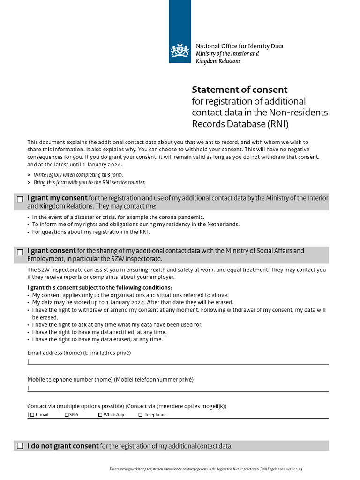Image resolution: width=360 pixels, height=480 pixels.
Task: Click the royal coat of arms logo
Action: (180, 50)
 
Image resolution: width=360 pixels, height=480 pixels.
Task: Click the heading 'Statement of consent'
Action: (240, 90)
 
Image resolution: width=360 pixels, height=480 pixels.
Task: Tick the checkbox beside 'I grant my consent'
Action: (20, 199)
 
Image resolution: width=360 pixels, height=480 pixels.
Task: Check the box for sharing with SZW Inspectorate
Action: (20, 252)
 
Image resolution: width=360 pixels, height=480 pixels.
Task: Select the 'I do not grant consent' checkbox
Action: (20, 446)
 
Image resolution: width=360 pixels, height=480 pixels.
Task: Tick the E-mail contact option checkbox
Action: (32, 415)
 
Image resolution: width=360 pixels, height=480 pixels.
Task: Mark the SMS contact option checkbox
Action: (67, 415)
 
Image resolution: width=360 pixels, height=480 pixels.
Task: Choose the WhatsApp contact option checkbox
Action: (100, 415)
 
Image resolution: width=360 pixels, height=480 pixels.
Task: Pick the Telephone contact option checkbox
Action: (141, 415)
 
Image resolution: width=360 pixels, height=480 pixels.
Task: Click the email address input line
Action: (178, 361)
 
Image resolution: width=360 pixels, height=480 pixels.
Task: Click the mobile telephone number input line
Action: (178, 388)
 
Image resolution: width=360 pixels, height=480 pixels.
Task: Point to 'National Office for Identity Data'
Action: (239, 46)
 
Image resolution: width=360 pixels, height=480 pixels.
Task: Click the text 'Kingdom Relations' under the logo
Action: (218, 61)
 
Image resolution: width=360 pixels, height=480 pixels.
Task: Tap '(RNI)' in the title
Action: (278, 124)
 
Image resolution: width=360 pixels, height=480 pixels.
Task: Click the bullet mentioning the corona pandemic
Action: (118, 217)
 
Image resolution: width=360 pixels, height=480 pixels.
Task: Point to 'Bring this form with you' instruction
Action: (89, 182)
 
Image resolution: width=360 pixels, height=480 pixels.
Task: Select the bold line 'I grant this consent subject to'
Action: (99, 287)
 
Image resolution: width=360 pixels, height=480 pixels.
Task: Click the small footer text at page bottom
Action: (209, 469)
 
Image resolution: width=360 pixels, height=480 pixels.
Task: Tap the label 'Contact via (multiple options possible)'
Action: (127, 406)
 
